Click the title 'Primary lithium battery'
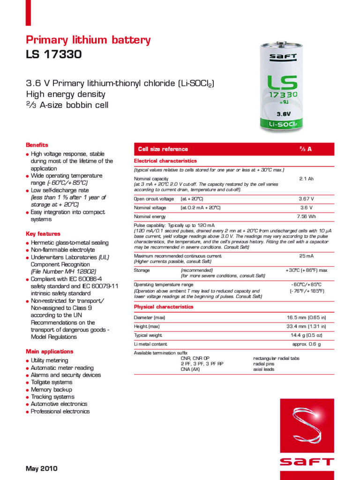pyautogui.click(x=88, y=40)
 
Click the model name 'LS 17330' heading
pyautogui.click(x=53, y=54)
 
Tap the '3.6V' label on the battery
pyautogui.click(x=283, y=113)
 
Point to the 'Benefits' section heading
pyautogui.click(x=37, y=145)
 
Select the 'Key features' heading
pyautogui.click(x=43, y=233)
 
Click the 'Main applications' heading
pyautogui.click(x=50, y=351)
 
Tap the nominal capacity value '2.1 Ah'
pyautogui.click(x=306, y=179)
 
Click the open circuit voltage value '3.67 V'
pyautogui.click(x=306, y=199)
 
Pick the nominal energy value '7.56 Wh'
pyautogui.click(x=306, y=217)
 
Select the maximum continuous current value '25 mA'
pyautogui.click(x=306, y=256)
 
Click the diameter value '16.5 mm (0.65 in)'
pyautogui.click(x=306, y=317)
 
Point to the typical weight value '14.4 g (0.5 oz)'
pyautogui.click(x=306, y=335)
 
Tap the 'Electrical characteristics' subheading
pyautogui.click(x=165, y=161)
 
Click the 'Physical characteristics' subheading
pyautogui.click(x=164, y=307)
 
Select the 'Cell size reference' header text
pyautogui.click(x=163, y=149)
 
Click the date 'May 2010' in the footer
pyautogui.click(x=41, y=469)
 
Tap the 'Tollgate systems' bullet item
pyautogui.click(x=52, y=382)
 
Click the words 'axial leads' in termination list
pyautogui.click(x=264, y=369)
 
